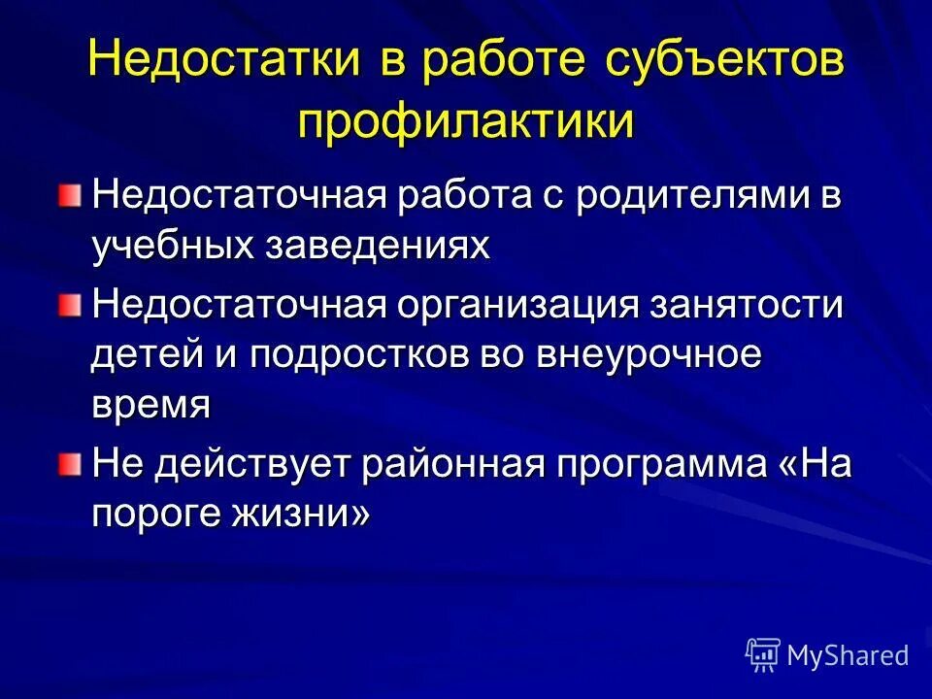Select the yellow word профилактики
point(466,123)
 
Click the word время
point(150,404)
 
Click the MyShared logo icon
point(763,655)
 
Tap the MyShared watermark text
point(848,656)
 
